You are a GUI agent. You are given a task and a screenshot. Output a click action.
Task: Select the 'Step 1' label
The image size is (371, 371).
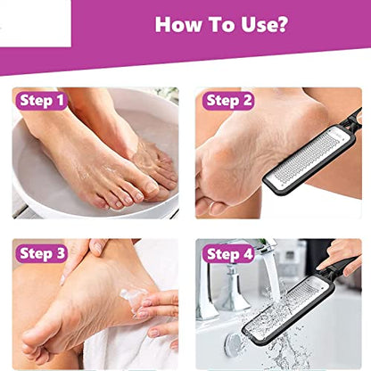42,101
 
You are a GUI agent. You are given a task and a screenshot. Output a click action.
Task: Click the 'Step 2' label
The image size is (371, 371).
228,101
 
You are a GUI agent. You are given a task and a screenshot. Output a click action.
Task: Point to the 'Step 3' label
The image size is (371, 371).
42,253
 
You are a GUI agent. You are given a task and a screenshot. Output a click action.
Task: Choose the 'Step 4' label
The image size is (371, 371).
228,254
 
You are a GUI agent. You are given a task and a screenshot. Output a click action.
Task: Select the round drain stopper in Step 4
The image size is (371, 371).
235,344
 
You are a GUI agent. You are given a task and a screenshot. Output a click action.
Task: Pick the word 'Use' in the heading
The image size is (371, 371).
257,24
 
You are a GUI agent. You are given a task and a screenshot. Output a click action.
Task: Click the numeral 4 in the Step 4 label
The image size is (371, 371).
248,254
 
